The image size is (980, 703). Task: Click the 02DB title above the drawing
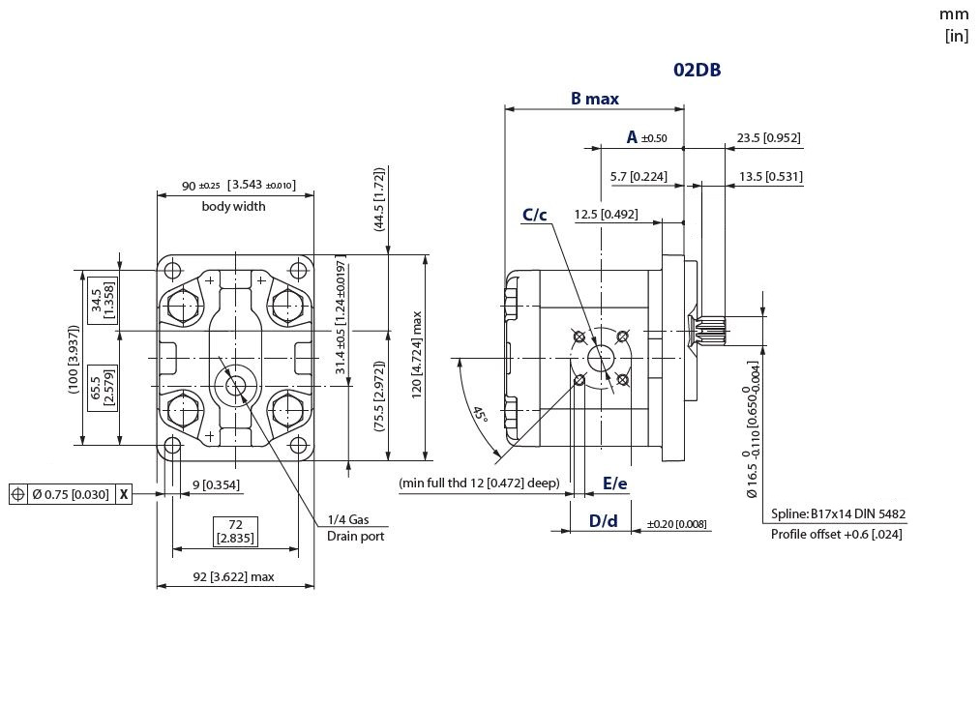[x=697, y=70]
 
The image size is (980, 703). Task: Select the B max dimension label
[x=594, y=99]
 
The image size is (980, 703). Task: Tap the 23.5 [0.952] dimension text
[x=768, y=138]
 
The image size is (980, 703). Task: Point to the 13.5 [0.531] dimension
[x=770, y=177]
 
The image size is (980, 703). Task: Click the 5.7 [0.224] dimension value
[x=638, y=177]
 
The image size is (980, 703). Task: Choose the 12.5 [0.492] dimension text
[x=606, y=214]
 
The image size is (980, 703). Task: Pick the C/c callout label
[x=535, y=215]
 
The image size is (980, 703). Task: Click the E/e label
[x=614, y=483]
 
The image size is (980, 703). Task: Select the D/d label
[x=603, y=521]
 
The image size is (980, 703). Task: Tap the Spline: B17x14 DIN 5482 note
[x=838, y=514]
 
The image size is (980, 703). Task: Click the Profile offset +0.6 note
[x=836, y=534]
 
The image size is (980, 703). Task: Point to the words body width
[x=233, y=206]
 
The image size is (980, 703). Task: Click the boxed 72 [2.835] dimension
[x=235, y=531]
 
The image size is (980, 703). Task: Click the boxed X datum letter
[x=124, y=495]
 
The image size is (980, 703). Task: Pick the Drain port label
[x=355, y=536]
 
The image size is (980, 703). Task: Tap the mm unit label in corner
[x=953, y=15]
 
